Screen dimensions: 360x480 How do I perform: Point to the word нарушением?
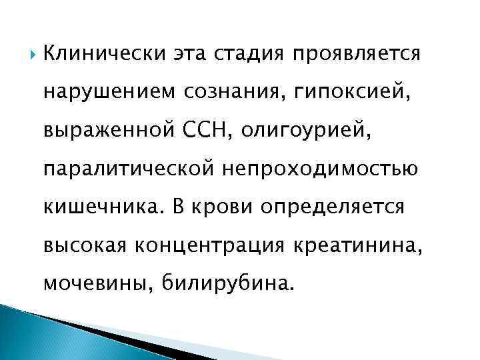(107, 89)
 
